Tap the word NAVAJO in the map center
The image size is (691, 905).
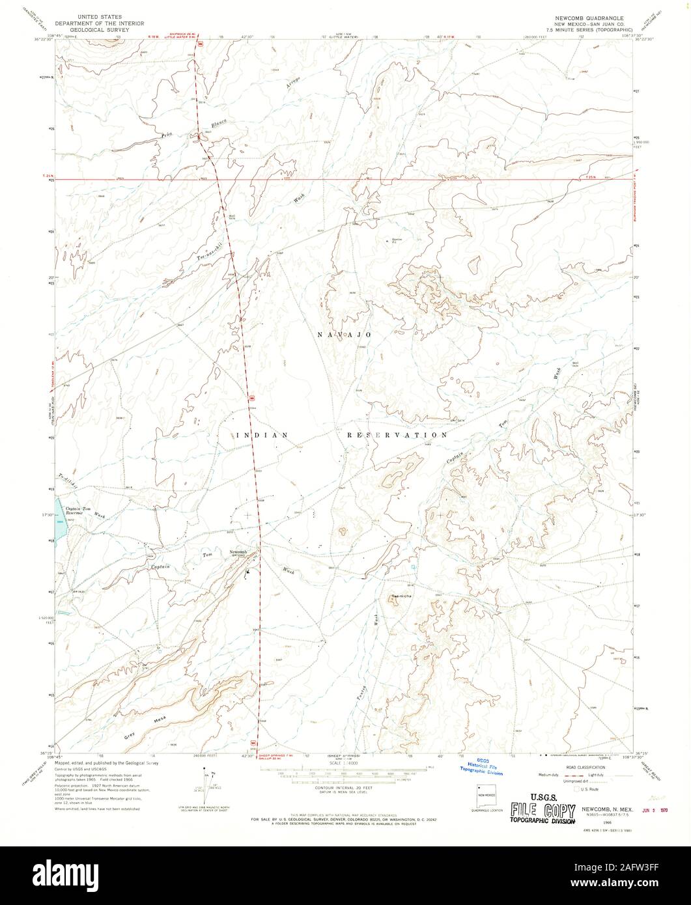click(x=345, y=334)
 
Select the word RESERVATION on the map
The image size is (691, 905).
click(x=397, y=434)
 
